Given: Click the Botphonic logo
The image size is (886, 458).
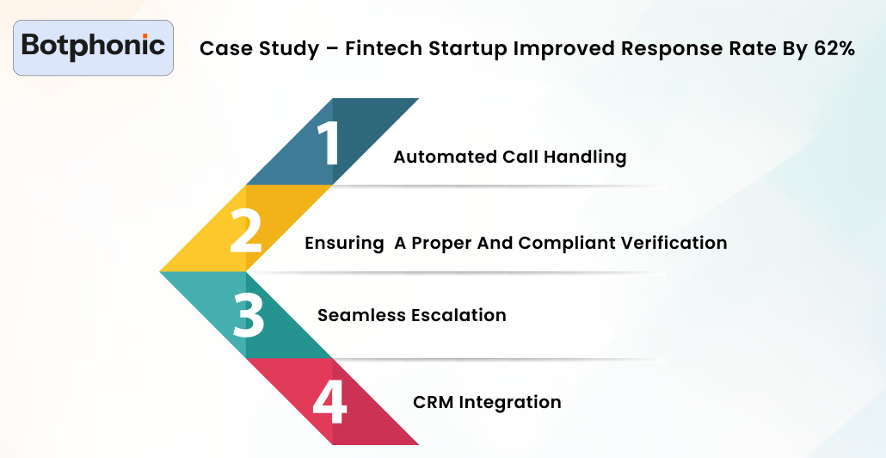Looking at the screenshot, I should pyautogui.click(x=93, y=46).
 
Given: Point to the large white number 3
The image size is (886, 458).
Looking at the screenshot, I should pyautogui.click(x=249, y=315).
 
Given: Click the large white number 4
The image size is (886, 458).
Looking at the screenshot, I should pyautogui.click(x=329, y=401).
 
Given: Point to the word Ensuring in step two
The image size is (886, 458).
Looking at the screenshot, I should pyautogui.click(x=344, y=244).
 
